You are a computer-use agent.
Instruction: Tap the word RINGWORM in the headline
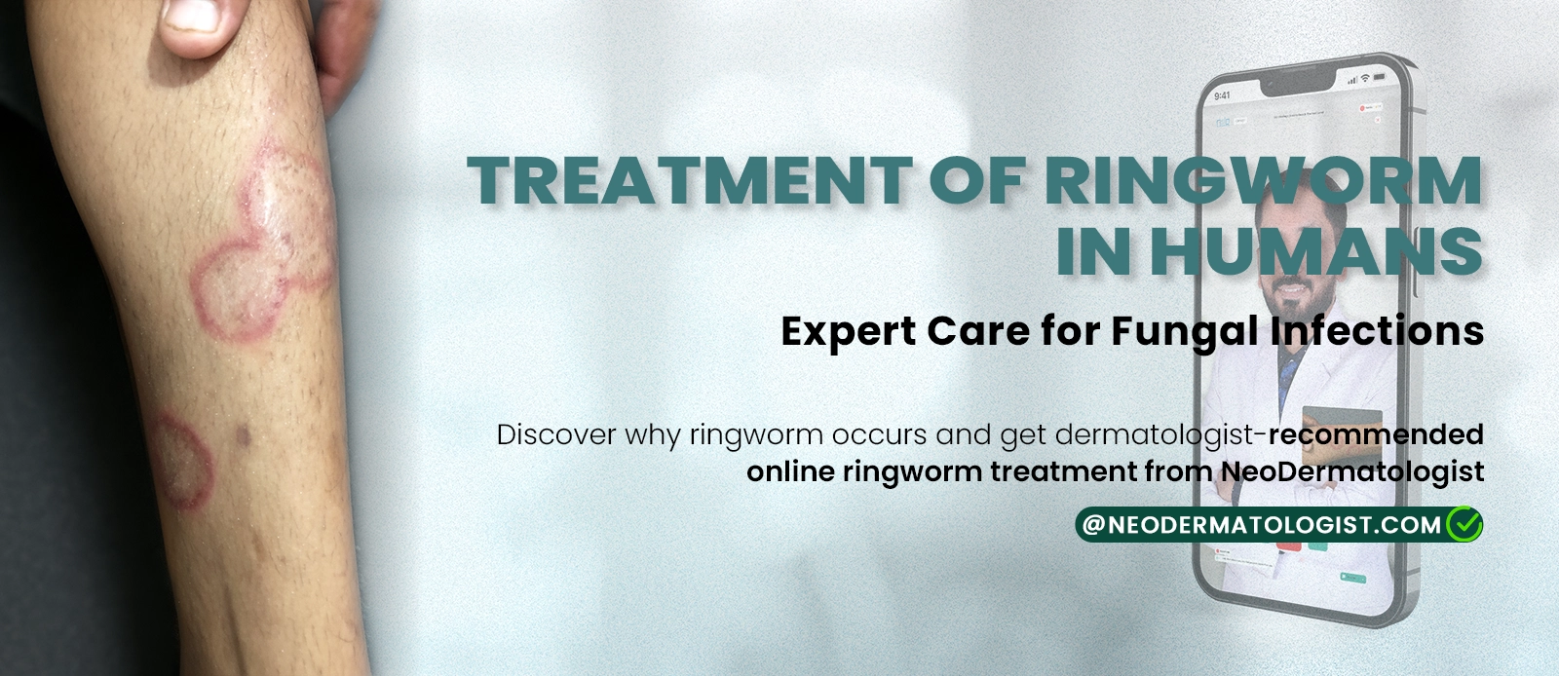tap(1264, 181)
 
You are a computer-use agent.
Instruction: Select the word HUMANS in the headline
tap(1316, 251)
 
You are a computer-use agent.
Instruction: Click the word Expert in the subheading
tap(848, 332)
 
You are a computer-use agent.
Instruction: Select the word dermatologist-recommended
tap(1269, 434)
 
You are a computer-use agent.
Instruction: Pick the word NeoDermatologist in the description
tap(1352, 472)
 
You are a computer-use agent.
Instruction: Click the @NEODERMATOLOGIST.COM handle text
tap(1261, 525)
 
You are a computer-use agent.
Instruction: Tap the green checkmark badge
tap(1464, 525)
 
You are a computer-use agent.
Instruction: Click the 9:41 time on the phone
tap(1223, 95)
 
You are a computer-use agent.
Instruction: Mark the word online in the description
tap(789, 472)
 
